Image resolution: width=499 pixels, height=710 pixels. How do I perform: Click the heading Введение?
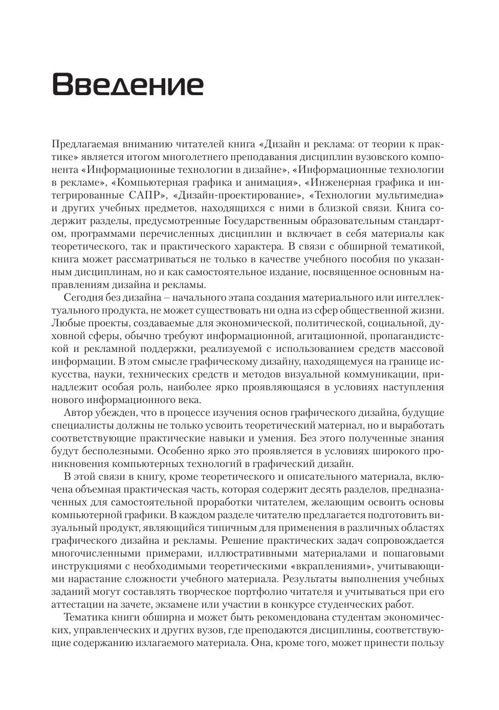click(128, 84)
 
